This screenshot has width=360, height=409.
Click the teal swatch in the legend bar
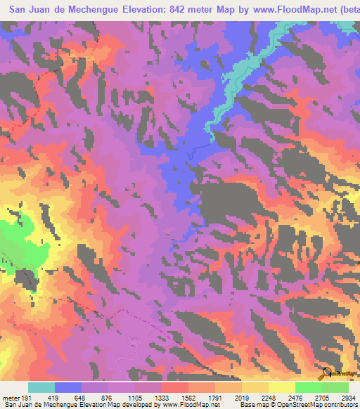[x=41, y=387]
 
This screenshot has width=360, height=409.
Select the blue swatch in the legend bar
[x=68, y=387]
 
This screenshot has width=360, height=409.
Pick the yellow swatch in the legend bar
[x=282, y=387]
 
